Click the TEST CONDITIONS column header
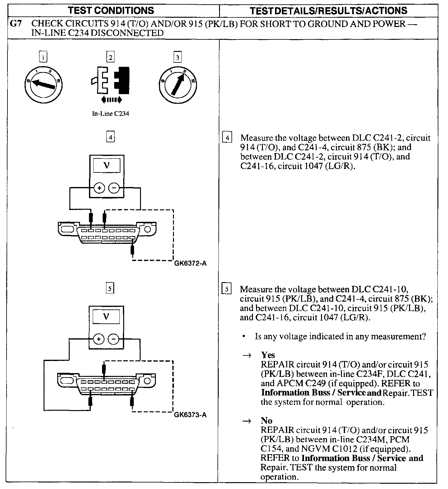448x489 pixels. tap(111, 11)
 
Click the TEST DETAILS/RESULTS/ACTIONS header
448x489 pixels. tap(329, 11)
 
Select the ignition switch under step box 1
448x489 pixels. tap(43, 84)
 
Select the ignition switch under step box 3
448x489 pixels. tap(178, 84)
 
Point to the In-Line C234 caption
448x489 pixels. tap(110, 114)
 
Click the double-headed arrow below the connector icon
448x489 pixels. tap(111, 100)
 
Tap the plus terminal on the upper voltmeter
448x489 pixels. tap(99, 188)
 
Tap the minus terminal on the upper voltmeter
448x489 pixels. tap(114, 188)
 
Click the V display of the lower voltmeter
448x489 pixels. tap(106, 317)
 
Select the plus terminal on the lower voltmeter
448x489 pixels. tap(99, 339)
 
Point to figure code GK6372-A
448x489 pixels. tap(190, 264)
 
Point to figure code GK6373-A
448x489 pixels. tap(190, 415)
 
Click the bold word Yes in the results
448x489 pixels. tap(268, 355)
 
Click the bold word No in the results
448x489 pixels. tap(267, 421)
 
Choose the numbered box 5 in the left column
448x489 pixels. tap(110, 289)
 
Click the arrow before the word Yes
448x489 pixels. tap(247, 355)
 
